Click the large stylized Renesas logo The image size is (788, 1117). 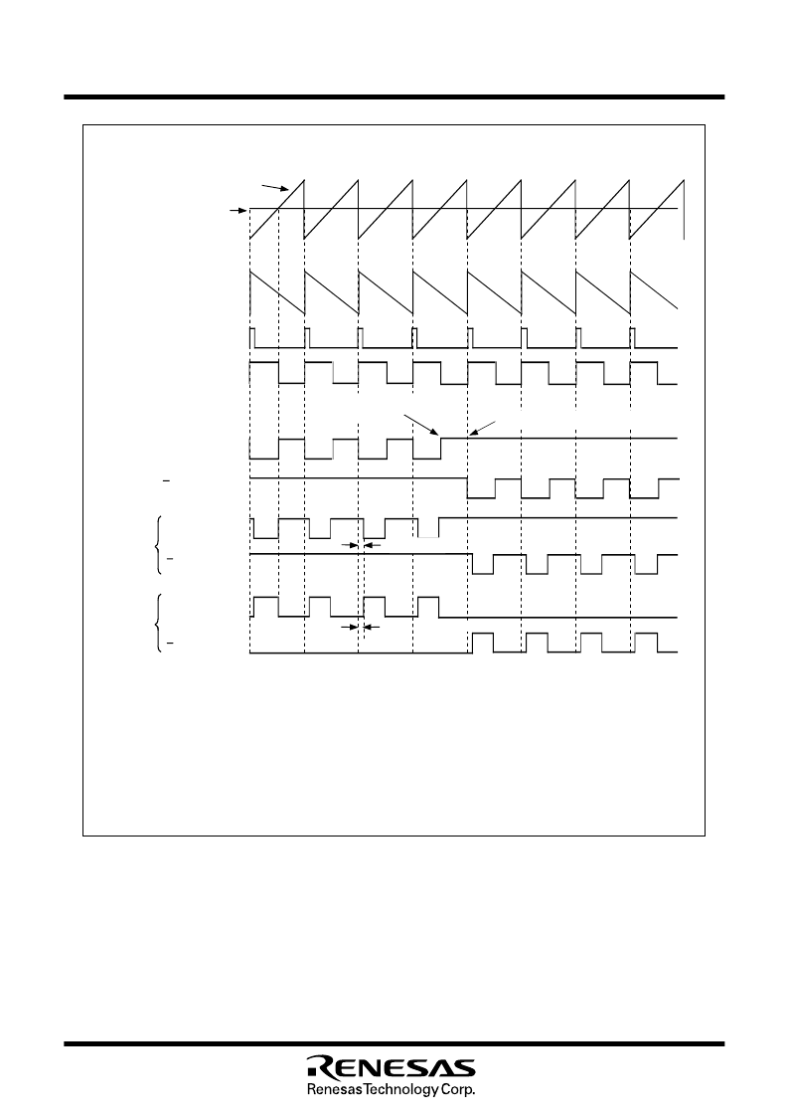pyautogui.click(x=391, y=1065)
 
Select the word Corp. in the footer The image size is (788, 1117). pyautogui.click(x=458, y=1090)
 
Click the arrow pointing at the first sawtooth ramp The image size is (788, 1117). pyautogui.click(x=275, y=187)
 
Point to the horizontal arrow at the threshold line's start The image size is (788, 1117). pyautogui.click(x=237, y=210)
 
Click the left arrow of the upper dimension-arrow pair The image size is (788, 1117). pyautogui.click(x=351, y=545)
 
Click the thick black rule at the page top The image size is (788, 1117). pyautogui.click(x=394, y=96)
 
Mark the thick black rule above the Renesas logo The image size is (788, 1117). pyautogui.click(x=394, y=1044)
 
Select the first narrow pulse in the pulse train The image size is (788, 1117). pyautogui.click(x=252, y=338)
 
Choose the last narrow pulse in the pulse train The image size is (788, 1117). pyautogui.click(x=633, y=338)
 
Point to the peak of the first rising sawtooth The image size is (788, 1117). pyautogui.click(x=304, y=179)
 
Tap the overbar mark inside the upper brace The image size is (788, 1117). pyautogui.click(x=169, y=561)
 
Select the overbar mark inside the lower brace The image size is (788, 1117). pyautogui.click(x=169, y=644)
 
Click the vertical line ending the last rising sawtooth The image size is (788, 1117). pyautogui.click(x=684, y=210)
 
